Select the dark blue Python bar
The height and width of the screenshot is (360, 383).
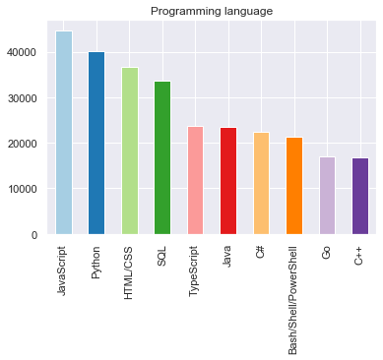coord(96,143)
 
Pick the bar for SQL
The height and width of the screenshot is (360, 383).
coord(162,157)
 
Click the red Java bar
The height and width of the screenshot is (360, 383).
coord(227,181)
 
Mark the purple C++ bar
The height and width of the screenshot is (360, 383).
coord(359,196)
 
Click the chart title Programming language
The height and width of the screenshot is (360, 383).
coord(212,12)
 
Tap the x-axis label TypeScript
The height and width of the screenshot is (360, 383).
coord(195,272)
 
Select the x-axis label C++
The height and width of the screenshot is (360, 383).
coord(359,257)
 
